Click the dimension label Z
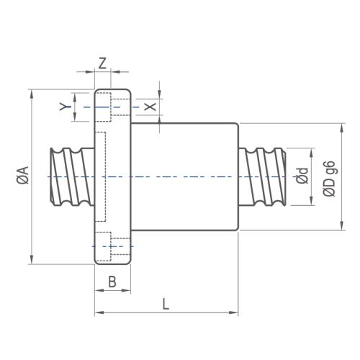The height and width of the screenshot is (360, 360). click(102, 63)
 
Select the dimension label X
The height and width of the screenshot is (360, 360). click(150, 107)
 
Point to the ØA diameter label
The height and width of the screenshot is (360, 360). click(24, 175)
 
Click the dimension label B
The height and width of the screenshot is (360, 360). click(112, 282)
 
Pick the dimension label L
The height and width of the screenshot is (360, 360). click(166, 304)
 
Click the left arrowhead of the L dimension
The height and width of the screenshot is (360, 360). click(99, 312)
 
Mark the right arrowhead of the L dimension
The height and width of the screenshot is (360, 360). click(233, 312)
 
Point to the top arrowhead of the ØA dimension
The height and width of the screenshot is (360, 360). click(32, 94)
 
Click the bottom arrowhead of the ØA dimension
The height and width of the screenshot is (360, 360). click(32, 259)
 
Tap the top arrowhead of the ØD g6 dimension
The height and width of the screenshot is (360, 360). click(341, 128)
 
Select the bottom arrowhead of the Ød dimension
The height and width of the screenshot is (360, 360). click(311, 201)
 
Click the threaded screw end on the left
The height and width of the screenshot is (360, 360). click(72, 177)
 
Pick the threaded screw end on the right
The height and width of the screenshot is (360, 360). click(263, 177)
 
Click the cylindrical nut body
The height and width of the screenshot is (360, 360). click(184, 176)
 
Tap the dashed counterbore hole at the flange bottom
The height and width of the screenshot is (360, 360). click(113, 246)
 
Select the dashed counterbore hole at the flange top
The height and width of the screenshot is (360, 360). click(113, 107)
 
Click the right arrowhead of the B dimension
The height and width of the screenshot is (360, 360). click(126, 290)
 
